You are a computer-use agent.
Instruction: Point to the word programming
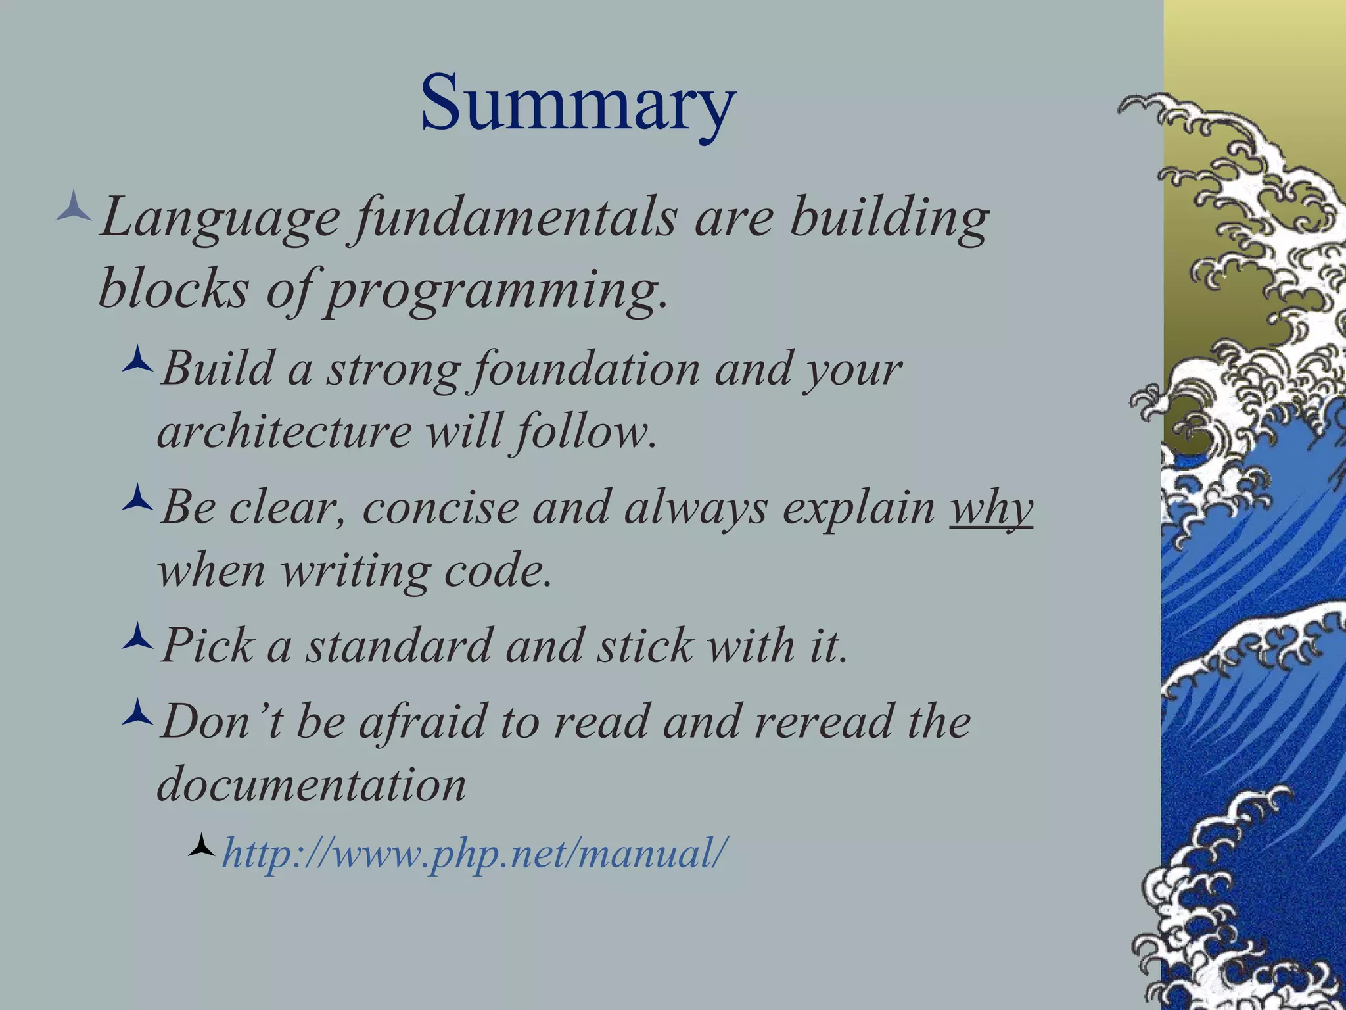[496, 291]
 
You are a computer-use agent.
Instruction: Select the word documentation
[312, 784]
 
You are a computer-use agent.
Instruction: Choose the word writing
[356, 571]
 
